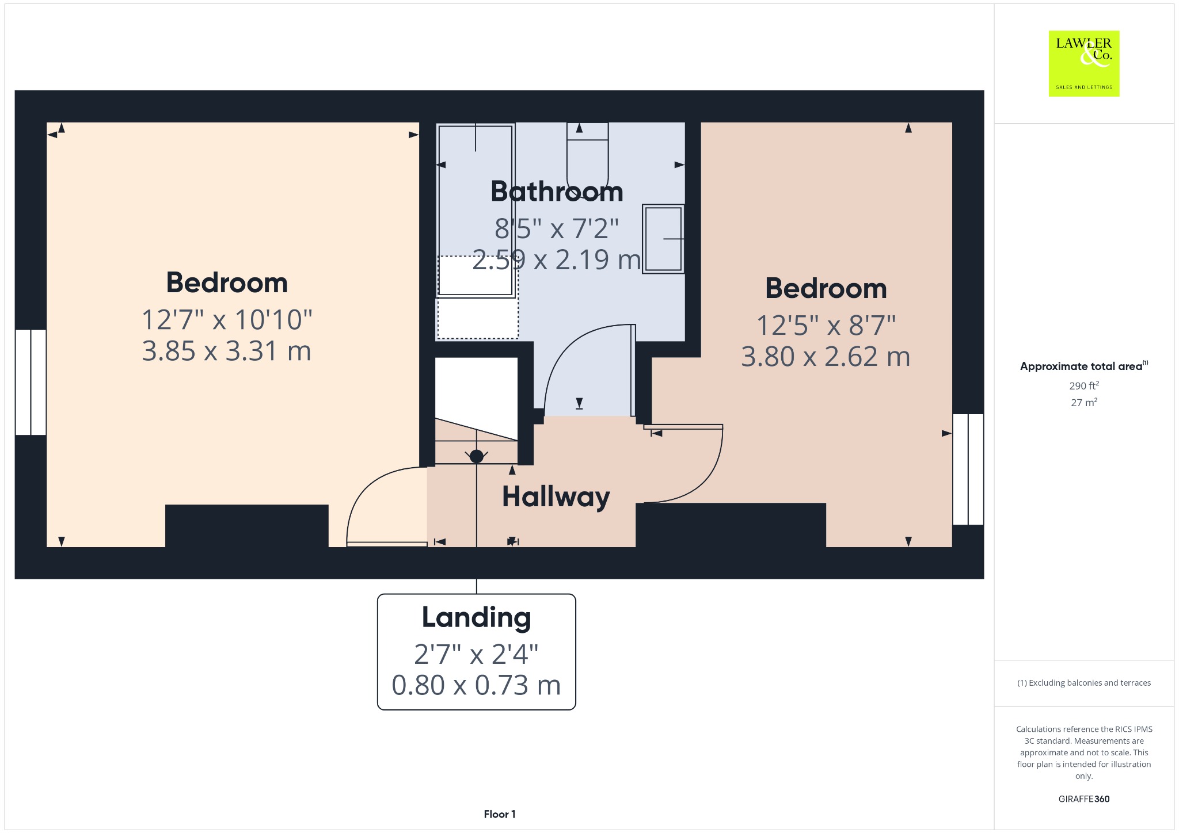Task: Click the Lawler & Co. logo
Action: [1083, 63]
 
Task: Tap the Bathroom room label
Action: [557, 192]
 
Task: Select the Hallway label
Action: [556, 497]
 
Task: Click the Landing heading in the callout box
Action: [476, 618]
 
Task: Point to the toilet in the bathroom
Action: [587, 161]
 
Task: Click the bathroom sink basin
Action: [663, 239]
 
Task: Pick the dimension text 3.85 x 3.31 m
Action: [226, 351]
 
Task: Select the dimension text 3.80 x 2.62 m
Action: [826, 357]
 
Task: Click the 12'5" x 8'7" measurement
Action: [826, 326]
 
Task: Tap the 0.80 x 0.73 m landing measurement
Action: [476, 685]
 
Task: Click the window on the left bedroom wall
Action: [31, 382]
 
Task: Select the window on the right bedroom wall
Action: [968, 469]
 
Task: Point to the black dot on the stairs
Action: [477, 456]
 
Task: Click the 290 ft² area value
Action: [1084, 385]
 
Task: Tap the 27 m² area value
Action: [1084, 403]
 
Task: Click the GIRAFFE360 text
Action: [1084, 799]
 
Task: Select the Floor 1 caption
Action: [500, 814]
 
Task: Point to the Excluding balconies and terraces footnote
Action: [1084, 683]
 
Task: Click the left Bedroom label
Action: [227, 283]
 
